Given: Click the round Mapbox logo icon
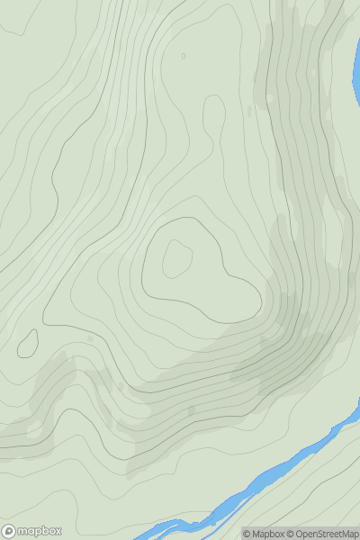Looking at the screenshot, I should point(9,531).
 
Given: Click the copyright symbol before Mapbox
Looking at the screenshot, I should point(247,534).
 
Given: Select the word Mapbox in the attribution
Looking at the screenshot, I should point(266,534).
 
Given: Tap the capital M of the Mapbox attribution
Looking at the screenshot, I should point(256,534).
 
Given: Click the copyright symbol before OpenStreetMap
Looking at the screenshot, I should point(290,534).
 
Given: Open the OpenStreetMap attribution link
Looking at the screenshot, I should point(326,534).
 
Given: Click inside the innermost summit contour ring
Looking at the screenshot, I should point(176,259).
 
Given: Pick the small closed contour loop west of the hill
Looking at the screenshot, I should point(28,343).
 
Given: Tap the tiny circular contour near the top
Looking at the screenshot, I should point(184,56).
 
